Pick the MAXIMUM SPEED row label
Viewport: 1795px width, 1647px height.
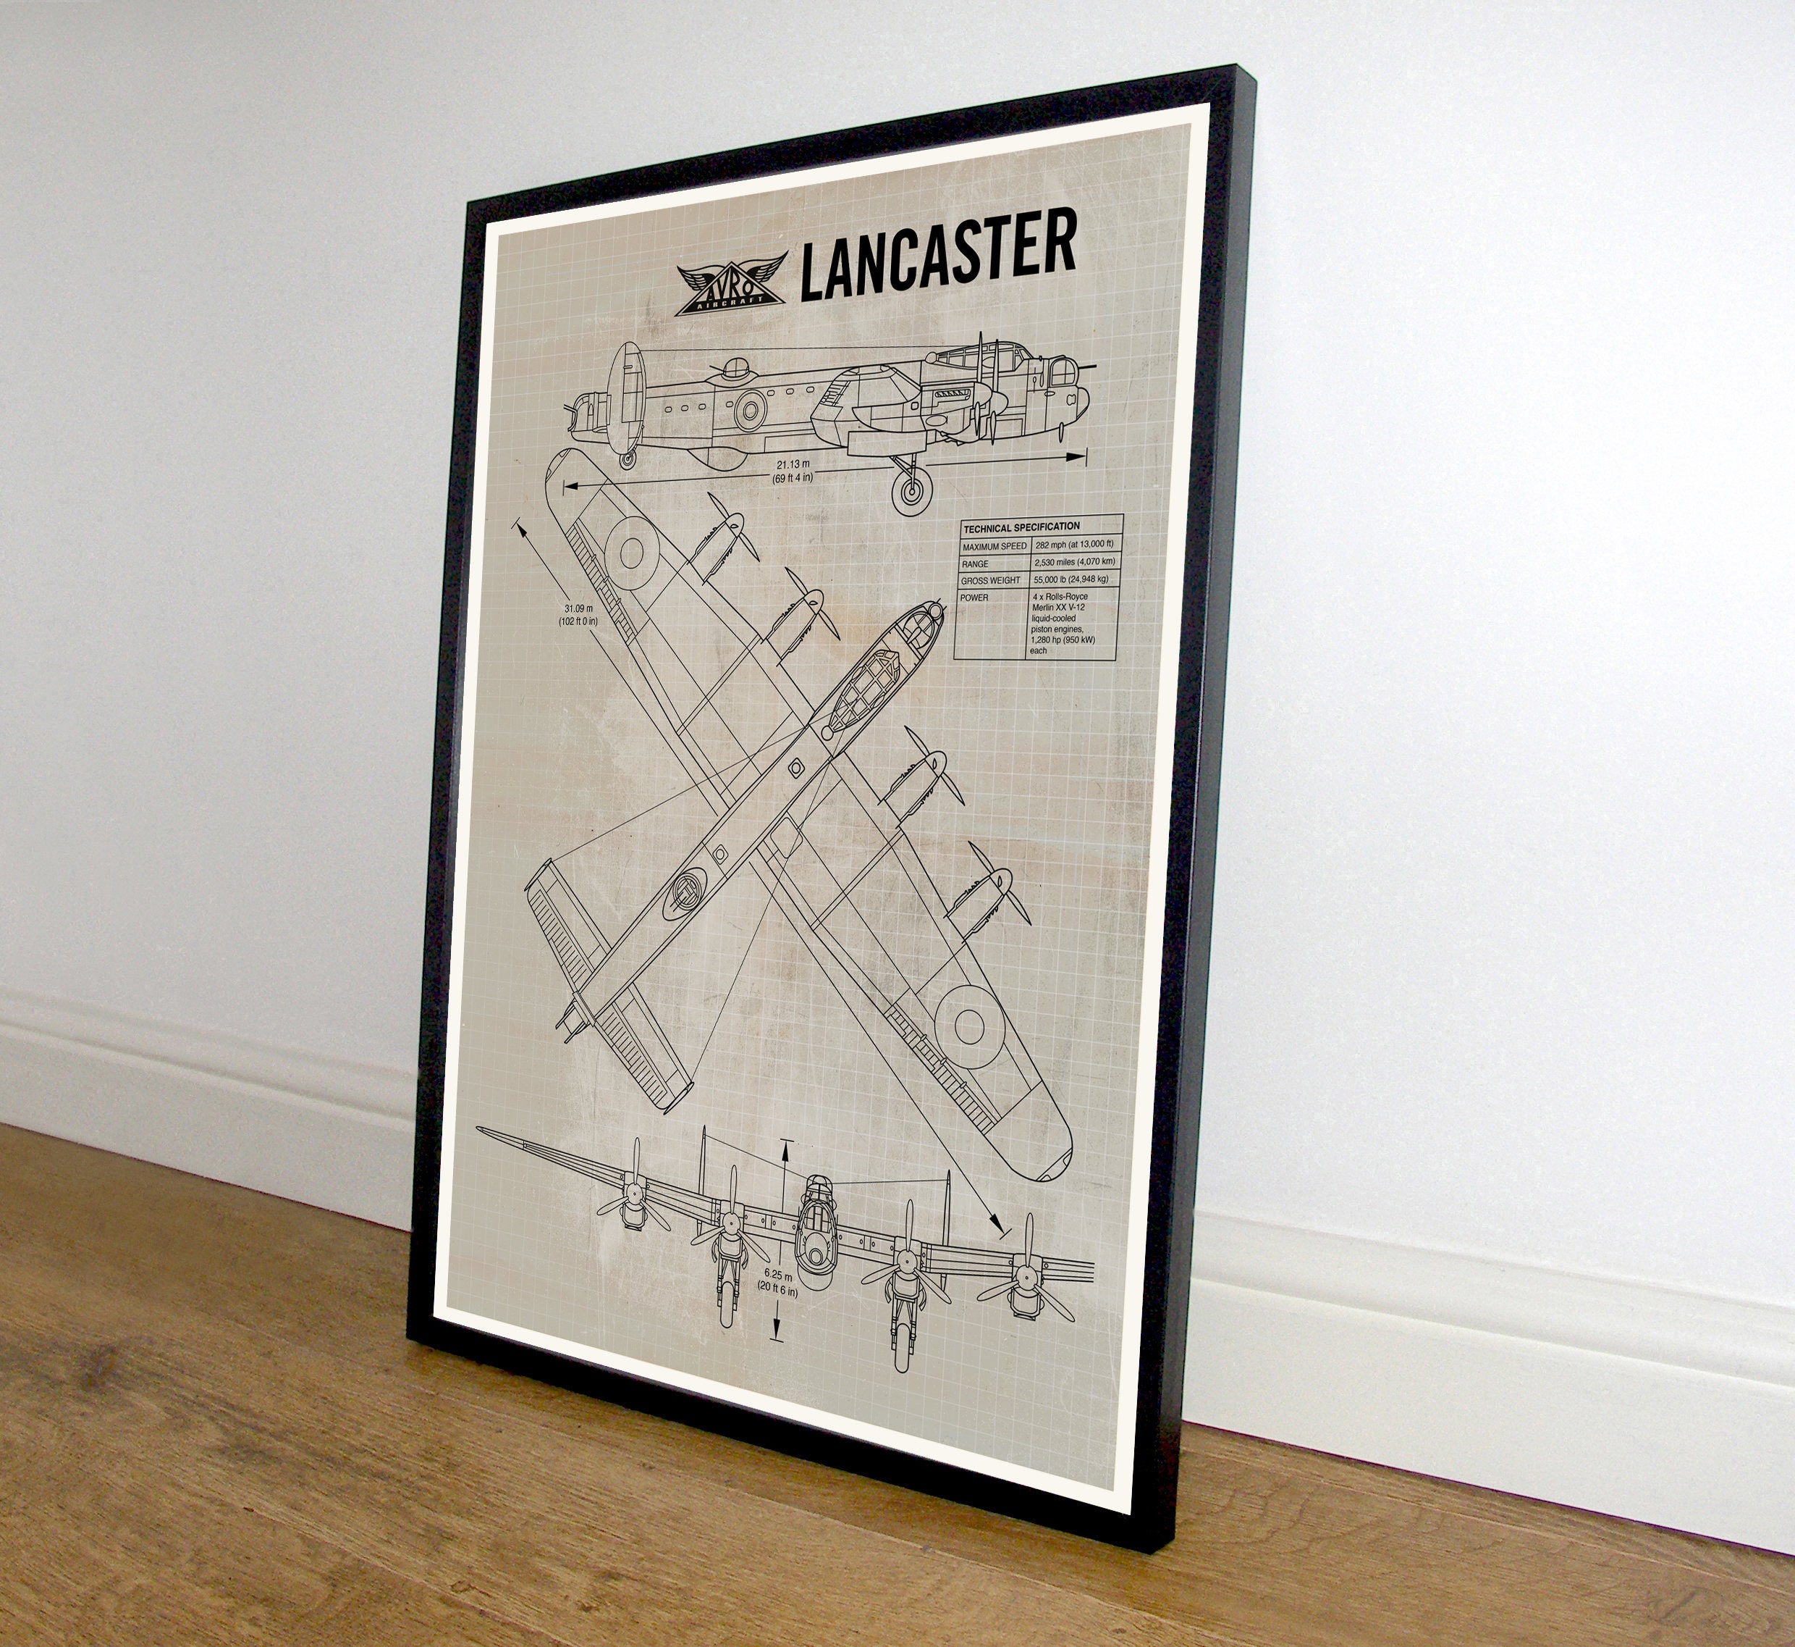coord(995,545)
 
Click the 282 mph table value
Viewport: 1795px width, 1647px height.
coord(1074,545)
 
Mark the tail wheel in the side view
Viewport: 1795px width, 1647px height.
coord(628,460)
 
